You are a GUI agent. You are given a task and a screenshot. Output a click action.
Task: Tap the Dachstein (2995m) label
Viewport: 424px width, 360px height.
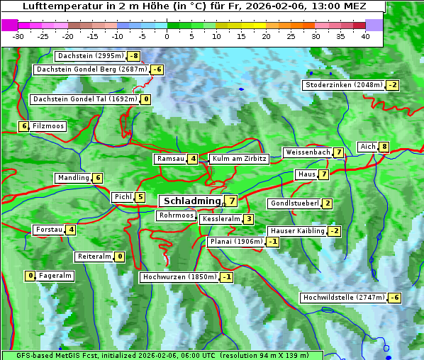[90, 55]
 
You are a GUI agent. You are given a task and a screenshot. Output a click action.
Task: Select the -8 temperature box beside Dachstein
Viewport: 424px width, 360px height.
[133, 55]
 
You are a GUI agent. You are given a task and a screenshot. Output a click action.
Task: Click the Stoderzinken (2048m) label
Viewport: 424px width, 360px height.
[343, 85]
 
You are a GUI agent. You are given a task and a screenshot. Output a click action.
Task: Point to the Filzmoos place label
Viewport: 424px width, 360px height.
[48, 126]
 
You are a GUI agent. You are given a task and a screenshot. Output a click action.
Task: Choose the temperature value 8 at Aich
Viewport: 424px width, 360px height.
[384, 147]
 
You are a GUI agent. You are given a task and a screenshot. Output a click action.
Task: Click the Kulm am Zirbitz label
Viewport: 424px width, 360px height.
[240, 159]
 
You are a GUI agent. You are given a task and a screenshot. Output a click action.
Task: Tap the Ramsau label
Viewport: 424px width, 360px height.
[170, 159]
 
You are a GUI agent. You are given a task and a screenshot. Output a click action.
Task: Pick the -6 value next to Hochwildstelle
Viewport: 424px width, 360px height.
[394, 298]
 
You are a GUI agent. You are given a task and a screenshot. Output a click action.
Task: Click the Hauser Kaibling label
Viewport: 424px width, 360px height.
[297, 231]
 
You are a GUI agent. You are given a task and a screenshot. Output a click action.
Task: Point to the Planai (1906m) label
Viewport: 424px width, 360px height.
[236, 242]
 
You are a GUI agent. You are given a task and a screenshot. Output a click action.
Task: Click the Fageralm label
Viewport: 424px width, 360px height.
[55, 276]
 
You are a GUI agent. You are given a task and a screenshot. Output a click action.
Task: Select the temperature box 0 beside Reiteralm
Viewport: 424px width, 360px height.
[120, 257]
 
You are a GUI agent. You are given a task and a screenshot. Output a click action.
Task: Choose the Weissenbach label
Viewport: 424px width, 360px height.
[307, 152]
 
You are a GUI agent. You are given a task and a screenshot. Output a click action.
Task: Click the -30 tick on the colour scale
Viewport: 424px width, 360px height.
[18, 35]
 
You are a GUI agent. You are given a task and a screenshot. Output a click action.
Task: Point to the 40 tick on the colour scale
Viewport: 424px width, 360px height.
[365, 35]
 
